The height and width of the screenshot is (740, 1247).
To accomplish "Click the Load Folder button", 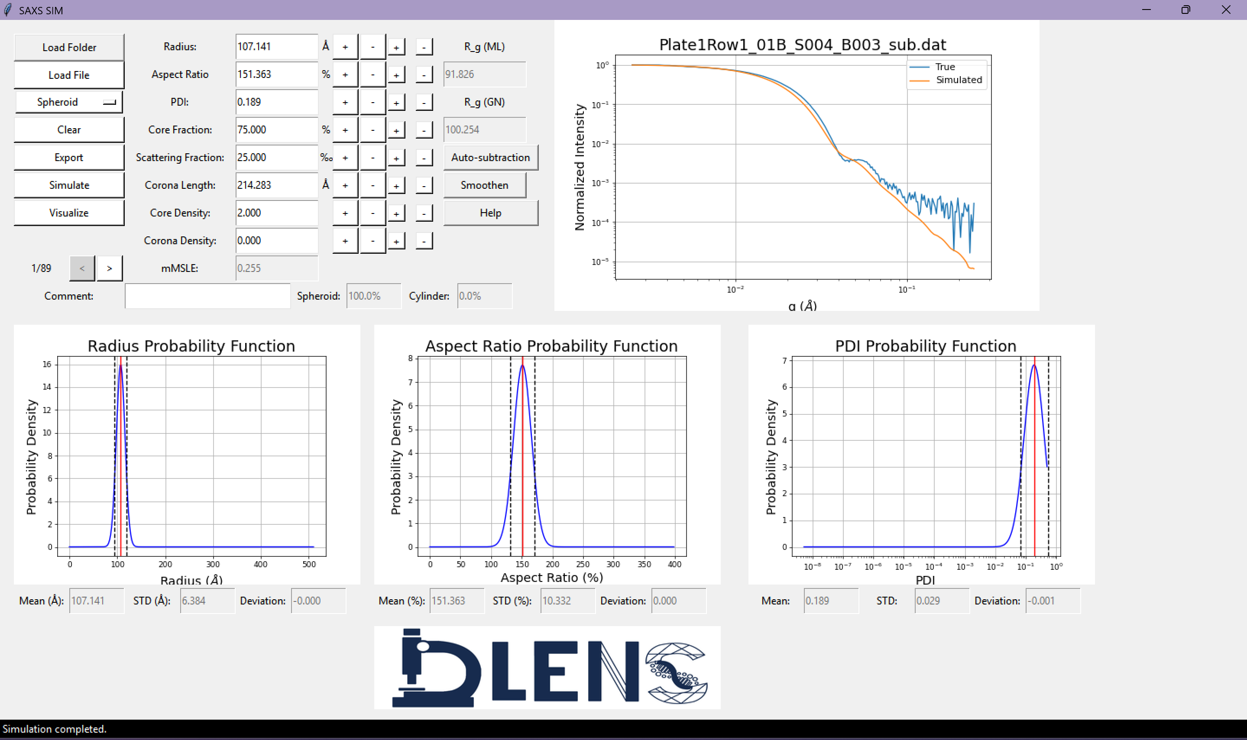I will click(x=69, y=47).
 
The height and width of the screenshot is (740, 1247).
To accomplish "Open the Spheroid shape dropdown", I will click(x=69, y=102).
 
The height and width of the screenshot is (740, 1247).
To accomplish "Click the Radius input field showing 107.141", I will click(x=276, y=47).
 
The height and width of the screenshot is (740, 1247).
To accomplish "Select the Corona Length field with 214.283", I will click(x=276, y=185).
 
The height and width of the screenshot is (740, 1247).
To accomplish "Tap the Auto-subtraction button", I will click(x=490, y=158).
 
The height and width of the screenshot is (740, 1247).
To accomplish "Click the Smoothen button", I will click(x=484, y=185).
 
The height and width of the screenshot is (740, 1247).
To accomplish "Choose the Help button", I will click(x=490, y=213).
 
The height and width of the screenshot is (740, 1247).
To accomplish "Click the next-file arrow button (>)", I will click(x=109, y=268).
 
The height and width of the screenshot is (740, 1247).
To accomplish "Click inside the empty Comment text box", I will click(x=207, y=296).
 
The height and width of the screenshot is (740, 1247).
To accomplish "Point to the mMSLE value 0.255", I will click(x=276, y=268).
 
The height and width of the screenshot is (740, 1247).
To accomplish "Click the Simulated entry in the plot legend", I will click(x=958, y=80).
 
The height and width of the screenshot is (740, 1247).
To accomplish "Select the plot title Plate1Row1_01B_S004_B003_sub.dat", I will click(x=802, y=45).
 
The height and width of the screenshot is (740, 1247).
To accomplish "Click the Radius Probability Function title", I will click(x=191, y=346).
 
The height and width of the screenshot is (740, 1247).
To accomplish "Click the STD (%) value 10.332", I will click(x=567, y=601).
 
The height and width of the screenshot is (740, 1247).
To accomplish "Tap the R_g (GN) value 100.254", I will click(x=484, y=129).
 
